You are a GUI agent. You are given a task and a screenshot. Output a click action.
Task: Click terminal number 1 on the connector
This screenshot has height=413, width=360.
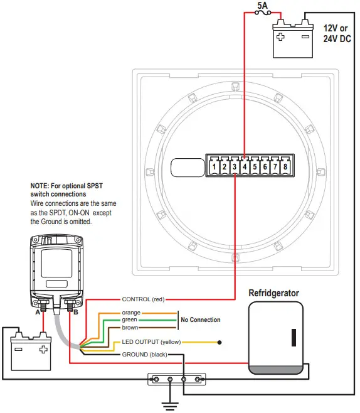click(x=214, y=168)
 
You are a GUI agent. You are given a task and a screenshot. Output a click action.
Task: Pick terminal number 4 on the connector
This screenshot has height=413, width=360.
click(x=245, y=168)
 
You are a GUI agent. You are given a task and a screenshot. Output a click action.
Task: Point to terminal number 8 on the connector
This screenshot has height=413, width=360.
click(x=285, y=168)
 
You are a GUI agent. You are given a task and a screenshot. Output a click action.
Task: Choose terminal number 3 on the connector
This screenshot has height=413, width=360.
click(x=235, y=168)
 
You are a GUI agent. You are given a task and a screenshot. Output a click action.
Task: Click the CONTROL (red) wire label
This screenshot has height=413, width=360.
click(x=143, y=299)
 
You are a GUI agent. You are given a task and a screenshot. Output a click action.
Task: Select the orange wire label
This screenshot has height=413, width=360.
click(x=131, y=312)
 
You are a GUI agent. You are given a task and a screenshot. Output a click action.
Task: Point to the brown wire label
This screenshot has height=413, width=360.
click(x=130, y=327)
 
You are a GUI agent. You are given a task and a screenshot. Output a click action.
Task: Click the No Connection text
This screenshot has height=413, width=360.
click(x=200, y=320)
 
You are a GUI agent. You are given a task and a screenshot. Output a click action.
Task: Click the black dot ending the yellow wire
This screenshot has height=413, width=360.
click(x=220, y=343)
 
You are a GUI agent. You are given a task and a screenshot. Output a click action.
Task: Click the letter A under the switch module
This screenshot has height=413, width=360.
click(x=38, y=311)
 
